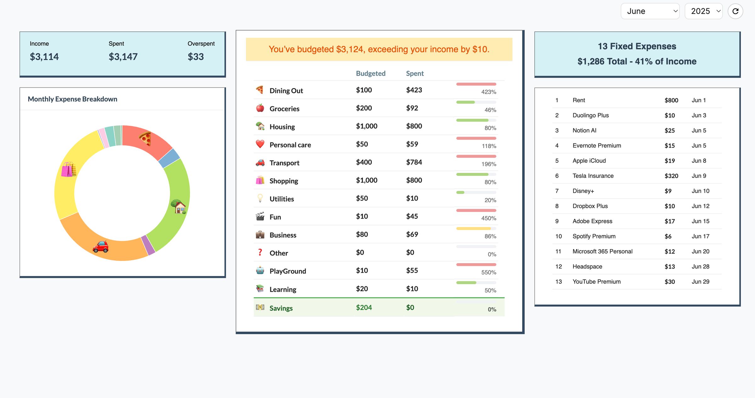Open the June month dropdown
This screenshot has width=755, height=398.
[x=650, y=11]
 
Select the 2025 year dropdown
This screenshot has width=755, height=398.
[x=703, y=11]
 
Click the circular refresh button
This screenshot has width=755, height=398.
[x=735, y=11]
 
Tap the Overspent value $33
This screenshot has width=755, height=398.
[x=196, y=57]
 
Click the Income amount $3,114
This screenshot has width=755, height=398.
[x=44, y=57]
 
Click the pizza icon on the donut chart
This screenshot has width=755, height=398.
[x=145, y=139]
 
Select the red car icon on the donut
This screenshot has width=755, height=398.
[x=101, y=247]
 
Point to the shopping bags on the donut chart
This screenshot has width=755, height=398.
[x=69, y=169]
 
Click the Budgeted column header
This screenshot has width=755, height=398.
[x=371, y=74]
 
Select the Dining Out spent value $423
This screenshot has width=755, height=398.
[x=414, y=90]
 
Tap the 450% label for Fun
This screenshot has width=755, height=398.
[x=489, y=218]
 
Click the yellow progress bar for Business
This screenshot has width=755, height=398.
[x=473, y=229]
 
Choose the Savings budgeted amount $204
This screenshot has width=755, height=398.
[x=364, y=307]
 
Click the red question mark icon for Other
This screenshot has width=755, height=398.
[x=260, y=252]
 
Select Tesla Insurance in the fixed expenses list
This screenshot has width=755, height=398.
[x=593, y=176]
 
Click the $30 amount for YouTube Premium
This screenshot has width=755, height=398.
[x=670, y=282]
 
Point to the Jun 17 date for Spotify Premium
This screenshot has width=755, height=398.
[x=700, y=236]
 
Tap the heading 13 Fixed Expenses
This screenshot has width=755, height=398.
[x=637, y=47]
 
